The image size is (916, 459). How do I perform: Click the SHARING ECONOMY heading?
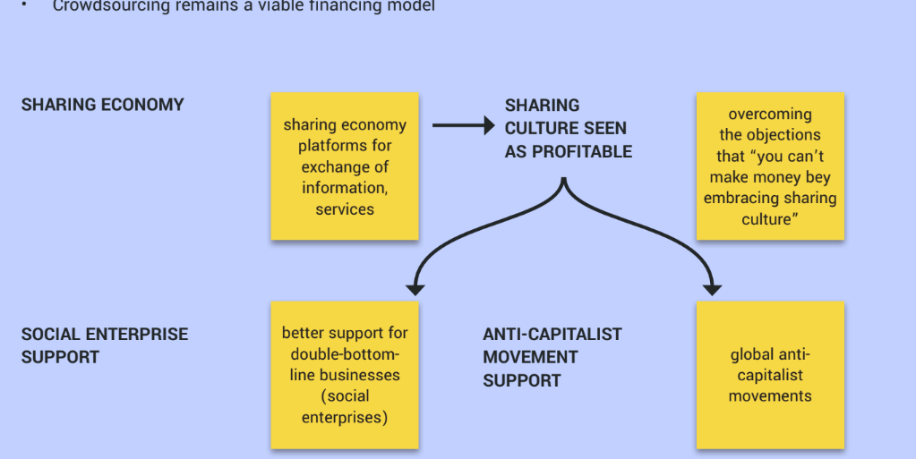[x=102, y=105]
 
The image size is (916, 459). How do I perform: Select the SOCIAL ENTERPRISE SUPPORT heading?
[x=105, y=345]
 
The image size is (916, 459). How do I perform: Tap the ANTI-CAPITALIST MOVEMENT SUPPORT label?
[x=552, y=357]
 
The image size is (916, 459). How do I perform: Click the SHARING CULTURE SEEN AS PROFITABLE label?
[x=568, y=129]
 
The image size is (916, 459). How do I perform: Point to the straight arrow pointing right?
[x=462, y=125]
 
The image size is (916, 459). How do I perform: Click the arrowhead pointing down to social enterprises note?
[x=414, y=288]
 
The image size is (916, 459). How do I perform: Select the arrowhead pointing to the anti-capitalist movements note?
[x=713, y=288]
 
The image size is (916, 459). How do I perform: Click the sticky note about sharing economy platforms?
[x=345, y=166]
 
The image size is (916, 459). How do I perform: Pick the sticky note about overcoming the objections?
[x=770, y=166]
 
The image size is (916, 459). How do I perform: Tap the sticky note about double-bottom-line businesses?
[x=345, y=375]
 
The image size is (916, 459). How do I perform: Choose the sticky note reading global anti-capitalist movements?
[x=770, y=375]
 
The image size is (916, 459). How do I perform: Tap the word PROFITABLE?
[x=582, y=152]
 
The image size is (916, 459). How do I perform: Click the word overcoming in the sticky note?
[x=770, y=115]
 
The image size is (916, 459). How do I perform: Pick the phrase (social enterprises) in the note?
[x=345, y=406]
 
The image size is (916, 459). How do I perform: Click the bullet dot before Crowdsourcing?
[x=26, y=4]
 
